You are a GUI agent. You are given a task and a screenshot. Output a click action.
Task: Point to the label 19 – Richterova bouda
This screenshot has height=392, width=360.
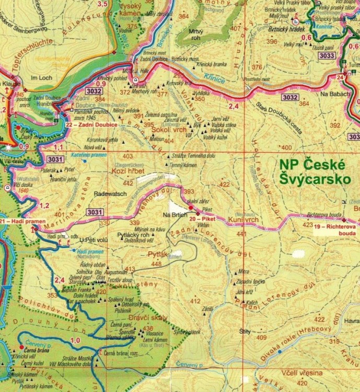[336, 230]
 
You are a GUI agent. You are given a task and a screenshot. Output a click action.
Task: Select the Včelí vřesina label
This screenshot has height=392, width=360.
[299, 372]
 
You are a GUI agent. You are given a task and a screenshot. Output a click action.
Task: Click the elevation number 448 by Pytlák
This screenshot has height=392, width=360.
[156, 264]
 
